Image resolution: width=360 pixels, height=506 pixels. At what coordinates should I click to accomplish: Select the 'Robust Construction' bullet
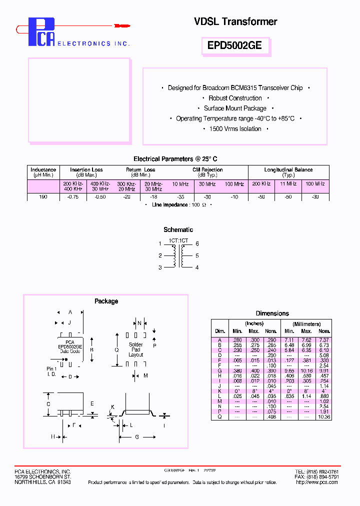pyautogui.click(x=235, y=98)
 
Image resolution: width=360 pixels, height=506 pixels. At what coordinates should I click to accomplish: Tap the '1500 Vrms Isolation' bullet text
pyautogui.click(x=235, y=128)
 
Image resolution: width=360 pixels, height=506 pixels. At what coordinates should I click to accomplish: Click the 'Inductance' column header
pyautogui.click(x=43, y=169)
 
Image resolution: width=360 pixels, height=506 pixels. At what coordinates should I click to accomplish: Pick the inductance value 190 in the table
pyautogui.click(x=43, y=197)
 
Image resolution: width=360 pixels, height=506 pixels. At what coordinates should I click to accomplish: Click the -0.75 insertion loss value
pyautogui.click(x=73, y=197)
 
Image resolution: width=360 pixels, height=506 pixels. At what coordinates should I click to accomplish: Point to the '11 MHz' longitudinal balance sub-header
pyautogui.click(x=288, y=184)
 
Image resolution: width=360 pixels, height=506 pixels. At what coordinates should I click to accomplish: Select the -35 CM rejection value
pyautogui.click(x=180, y=197)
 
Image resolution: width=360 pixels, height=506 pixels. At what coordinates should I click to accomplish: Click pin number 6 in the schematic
pyautogui.click(x=197, y=243)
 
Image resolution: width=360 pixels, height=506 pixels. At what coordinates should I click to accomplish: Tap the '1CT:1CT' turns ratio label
pyautogui.click(x=178, y=240)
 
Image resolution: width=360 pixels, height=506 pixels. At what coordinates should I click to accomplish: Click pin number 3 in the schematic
pyautogui.click(x=160, y=267)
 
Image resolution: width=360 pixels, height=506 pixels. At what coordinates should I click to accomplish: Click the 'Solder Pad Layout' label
pyautogui.click(x=135, y=349)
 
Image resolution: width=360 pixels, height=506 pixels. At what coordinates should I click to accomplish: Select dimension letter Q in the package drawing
pyautogui.click(x=116, y=350)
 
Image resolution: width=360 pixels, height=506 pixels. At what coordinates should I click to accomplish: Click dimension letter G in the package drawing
pyautogui.click(x=136, y=436)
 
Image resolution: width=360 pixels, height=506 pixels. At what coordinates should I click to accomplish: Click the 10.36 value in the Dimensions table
pyautogui.click(x=324, y=416)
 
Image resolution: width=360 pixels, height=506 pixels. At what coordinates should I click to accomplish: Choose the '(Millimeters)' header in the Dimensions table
pyautogui.click(x=306, y=324)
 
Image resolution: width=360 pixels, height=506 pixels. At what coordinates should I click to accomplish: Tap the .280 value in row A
pyautogui.click(x=237, y=340)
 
